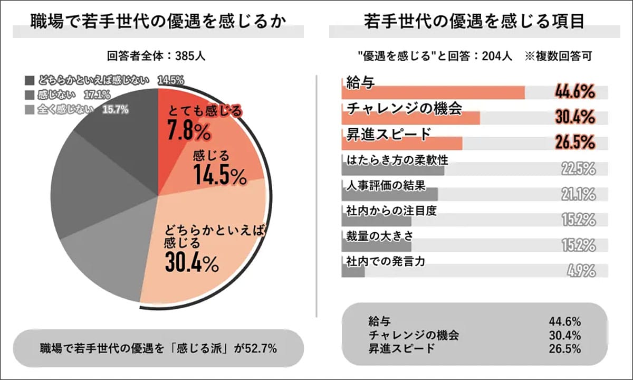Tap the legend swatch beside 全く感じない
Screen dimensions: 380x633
(30, 110)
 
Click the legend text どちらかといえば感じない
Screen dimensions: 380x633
(97, 81)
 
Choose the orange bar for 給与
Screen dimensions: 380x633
(433, 93)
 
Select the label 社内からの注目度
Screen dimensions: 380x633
(390, 210)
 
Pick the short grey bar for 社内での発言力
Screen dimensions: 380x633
(353, 271)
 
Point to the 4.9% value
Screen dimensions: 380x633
(581, 272)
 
